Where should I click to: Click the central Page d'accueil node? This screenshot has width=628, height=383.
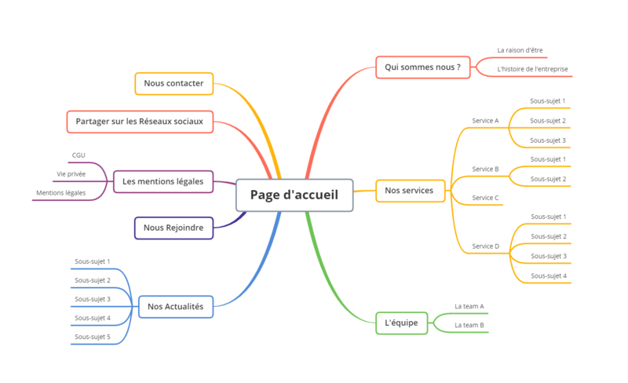pos(294,195)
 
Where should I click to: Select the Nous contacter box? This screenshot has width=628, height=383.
pos(173,83)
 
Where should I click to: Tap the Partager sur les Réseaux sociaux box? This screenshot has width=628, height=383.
pos(140,122)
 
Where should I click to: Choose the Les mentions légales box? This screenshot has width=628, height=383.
pos(162,182)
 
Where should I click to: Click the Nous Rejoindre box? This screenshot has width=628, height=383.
pos(173,228)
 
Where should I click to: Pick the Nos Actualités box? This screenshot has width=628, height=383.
pos(175,307)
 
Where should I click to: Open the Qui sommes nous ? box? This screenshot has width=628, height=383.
pos(422,67)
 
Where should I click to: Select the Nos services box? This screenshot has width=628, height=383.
pos(410,191)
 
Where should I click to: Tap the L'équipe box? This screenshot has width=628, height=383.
pos(401,323)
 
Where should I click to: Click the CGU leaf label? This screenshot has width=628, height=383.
pos(78,155)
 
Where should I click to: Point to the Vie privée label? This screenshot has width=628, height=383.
pos(71,174)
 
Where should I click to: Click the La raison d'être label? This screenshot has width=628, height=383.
pos(520,50)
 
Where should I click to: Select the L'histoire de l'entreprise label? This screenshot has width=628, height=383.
pos(532,69)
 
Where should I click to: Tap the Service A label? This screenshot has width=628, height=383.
pos(485,121)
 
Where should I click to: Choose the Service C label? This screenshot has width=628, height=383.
pos(485,198)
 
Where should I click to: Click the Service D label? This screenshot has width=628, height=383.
pos(485,246)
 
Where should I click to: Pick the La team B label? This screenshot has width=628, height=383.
pos(469,325)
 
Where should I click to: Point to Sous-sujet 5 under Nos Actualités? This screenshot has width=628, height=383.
pos(93,337)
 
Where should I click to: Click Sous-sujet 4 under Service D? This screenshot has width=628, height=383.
pos(548,275)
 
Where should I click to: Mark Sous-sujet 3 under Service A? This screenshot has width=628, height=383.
pos(547,140)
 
